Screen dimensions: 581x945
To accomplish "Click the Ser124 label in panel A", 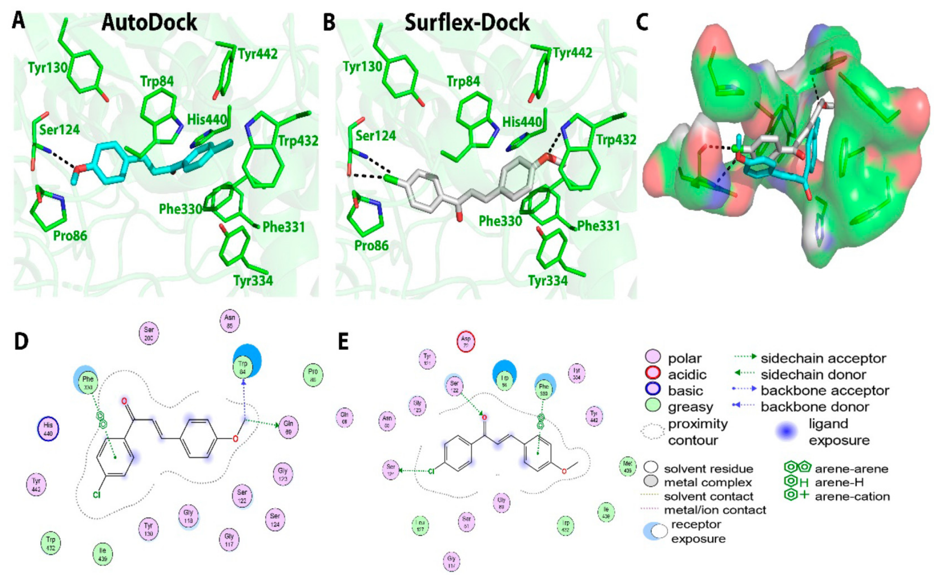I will [x=59, y=130].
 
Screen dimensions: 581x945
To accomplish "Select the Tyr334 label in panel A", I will [x=253, y=280].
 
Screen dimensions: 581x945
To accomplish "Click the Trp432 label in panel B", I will [x=616, y=140].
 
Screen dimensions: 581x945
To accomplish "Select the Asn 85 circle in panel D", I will [x=230, y=321].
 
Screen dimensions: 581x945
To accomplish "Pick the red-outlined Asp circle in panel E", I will [x=466, y=341].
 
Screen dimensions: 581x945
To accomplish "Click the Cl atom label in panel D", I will [x=96, y=495].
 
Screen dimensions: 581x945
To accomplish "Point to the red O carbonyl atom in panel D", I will [x=124, y=402].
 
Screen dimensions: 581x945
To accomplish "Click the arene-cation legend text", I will [x=852, y=497].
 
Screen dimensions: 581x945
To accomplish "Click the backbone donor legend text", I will [x=815, y=407].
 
